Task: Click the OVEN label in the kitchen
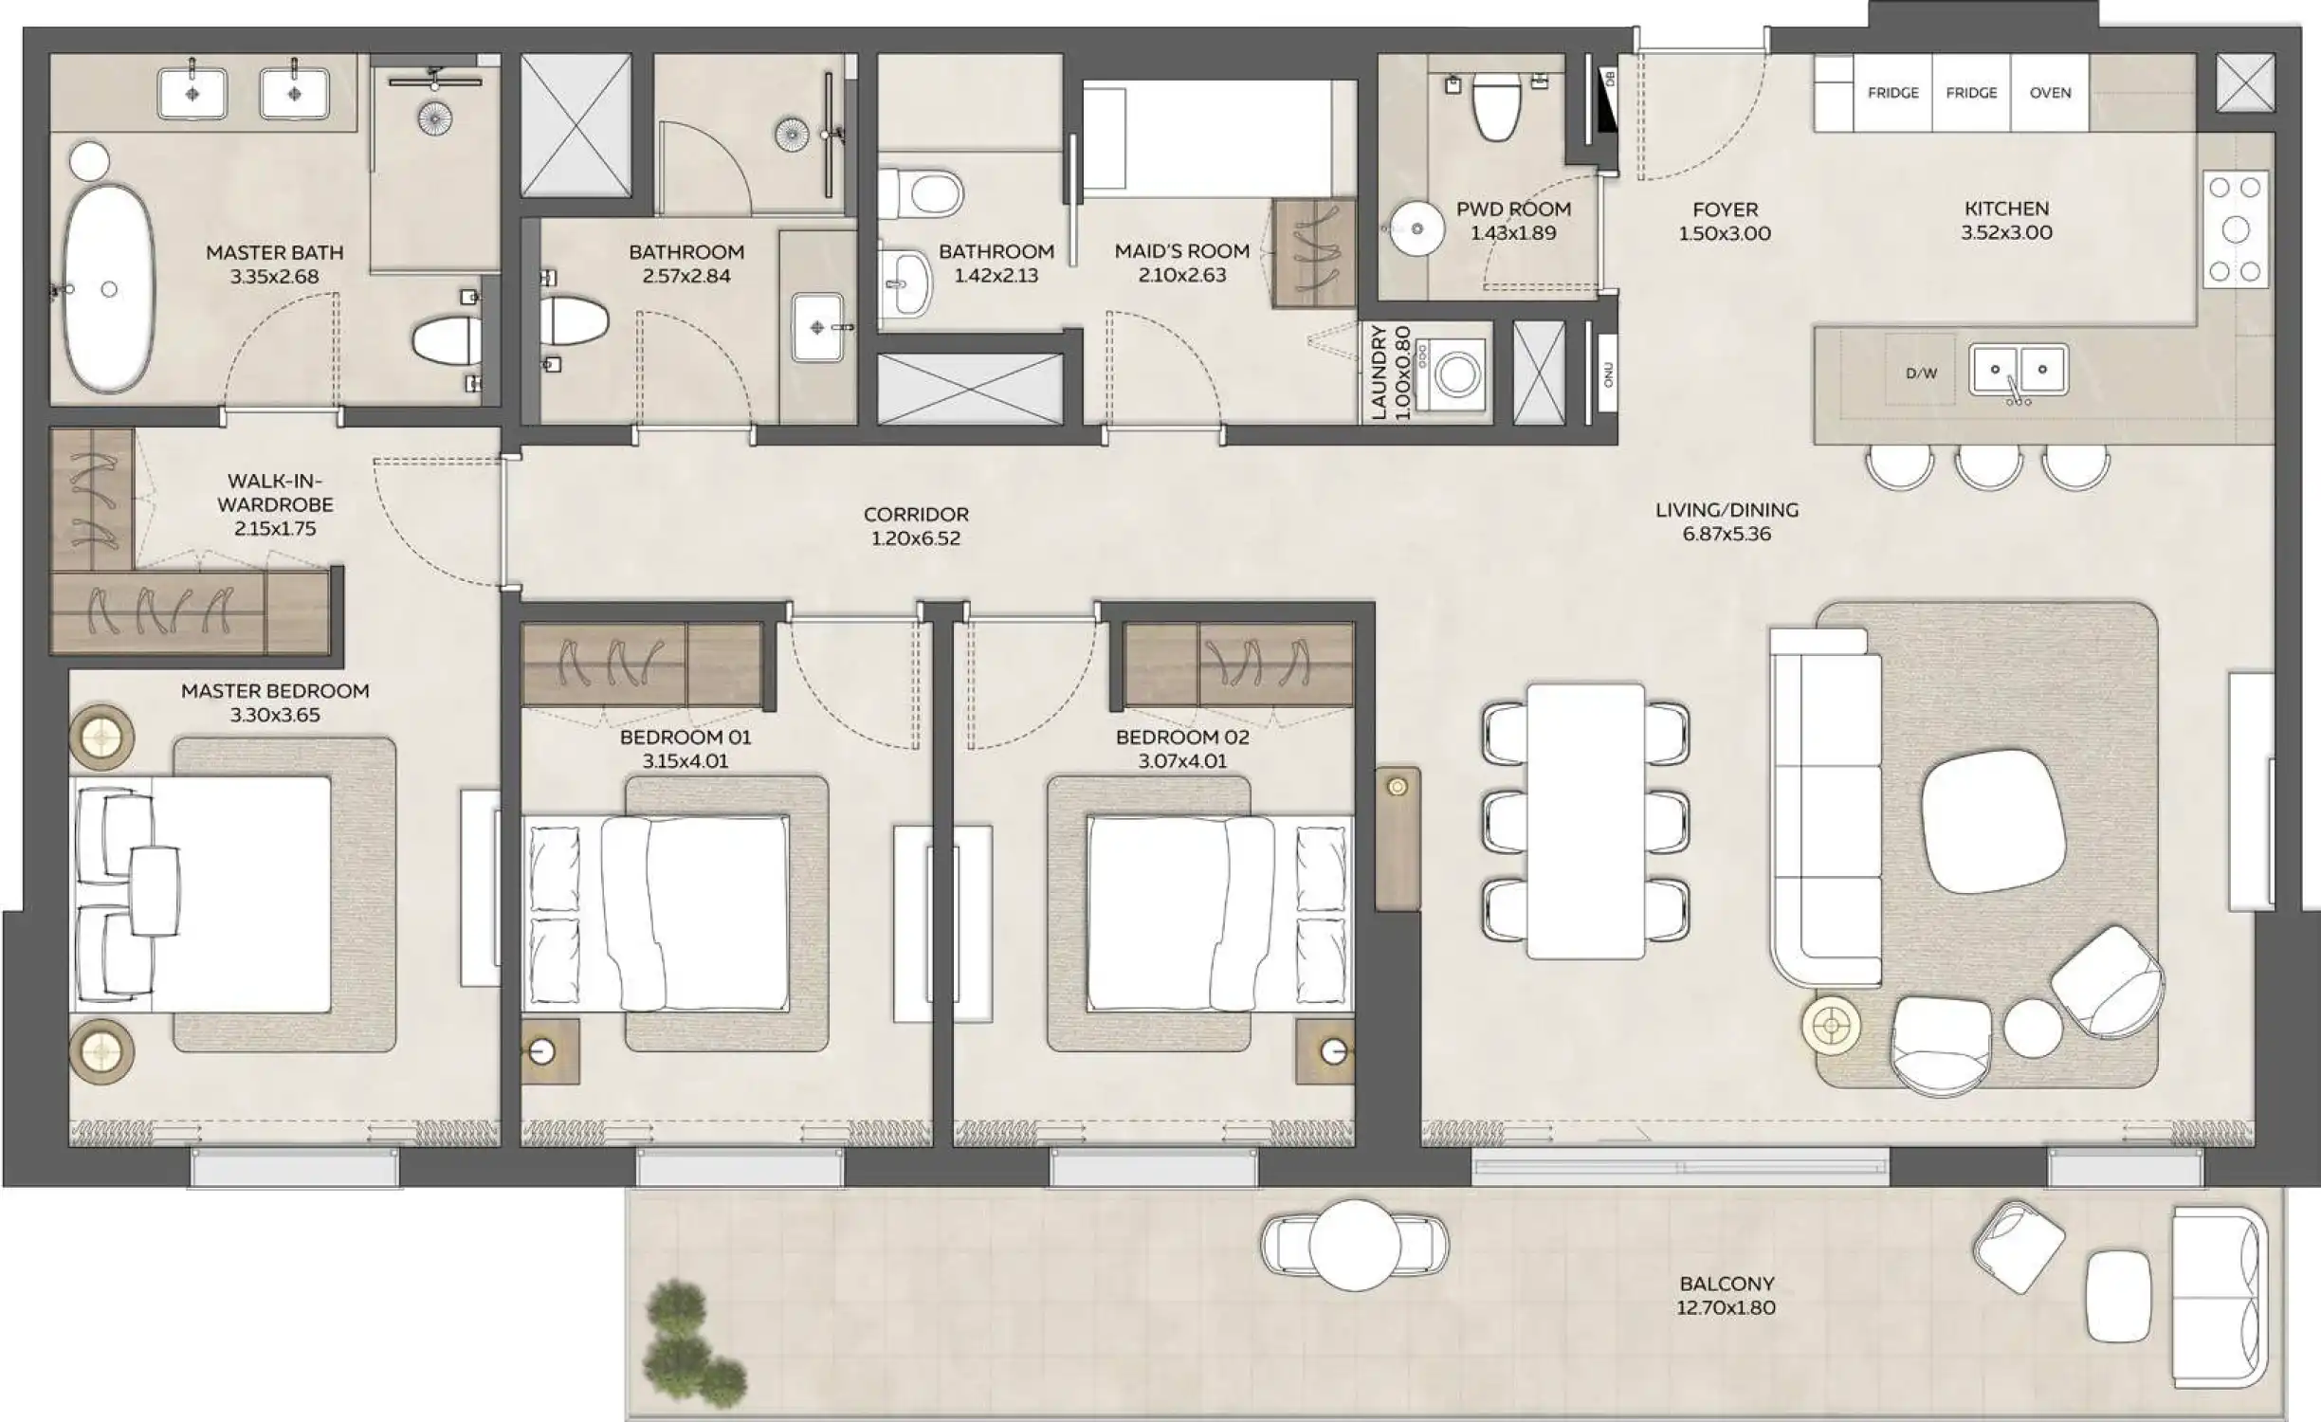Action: pyautogui.click(x=2050, y=93)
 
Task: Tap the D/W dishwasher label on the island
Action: pyautogui.click(x=1921, y=374)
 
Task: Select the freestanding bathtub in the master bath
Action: pyautogui.click(x=108, y=288)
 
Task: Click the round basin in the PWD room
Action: pyautogui.click(x=1416, y=228)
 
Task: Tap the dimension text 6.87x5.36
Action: pyautogui.click(x=1726, y=534)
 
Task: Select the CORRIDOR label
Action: pyautogui.click(x=915, y=514)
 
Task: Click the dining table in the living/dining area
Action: pyautogui.click(x=1585, y=821)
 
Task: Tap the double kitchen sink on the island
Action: pyautogui.click(x=2018, y=370)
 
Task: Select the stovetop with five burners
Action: pyautogui.click(x=2235, y=229)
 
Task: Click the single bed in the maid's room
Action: pyautogui.click(x=1209, y=138)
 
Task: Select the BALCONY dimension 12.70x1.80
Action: pyautogui.click(x=1726, y=1308)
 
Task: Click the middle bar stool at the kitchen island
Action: pyautogui.click(x=1989, y=466)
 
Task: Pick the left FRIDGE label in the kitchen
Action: pyautogui.click(x=1892, y=93)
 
